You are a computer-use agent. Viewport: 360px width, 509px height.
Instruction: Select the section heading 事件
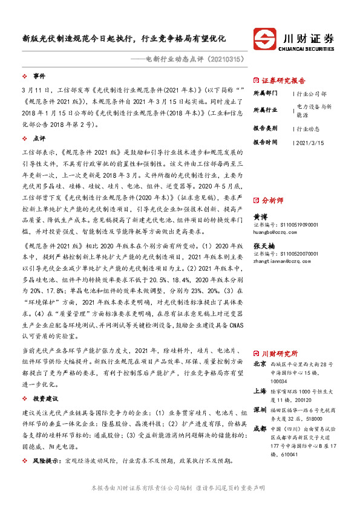39,76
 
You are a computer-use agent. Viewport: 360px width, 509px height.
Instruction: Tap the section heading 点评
39,138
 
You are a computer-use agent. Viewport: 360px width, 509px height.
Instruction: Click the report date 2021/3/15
309,142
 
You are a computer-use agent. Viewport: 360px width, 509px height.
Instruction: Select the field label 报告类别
265,129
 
